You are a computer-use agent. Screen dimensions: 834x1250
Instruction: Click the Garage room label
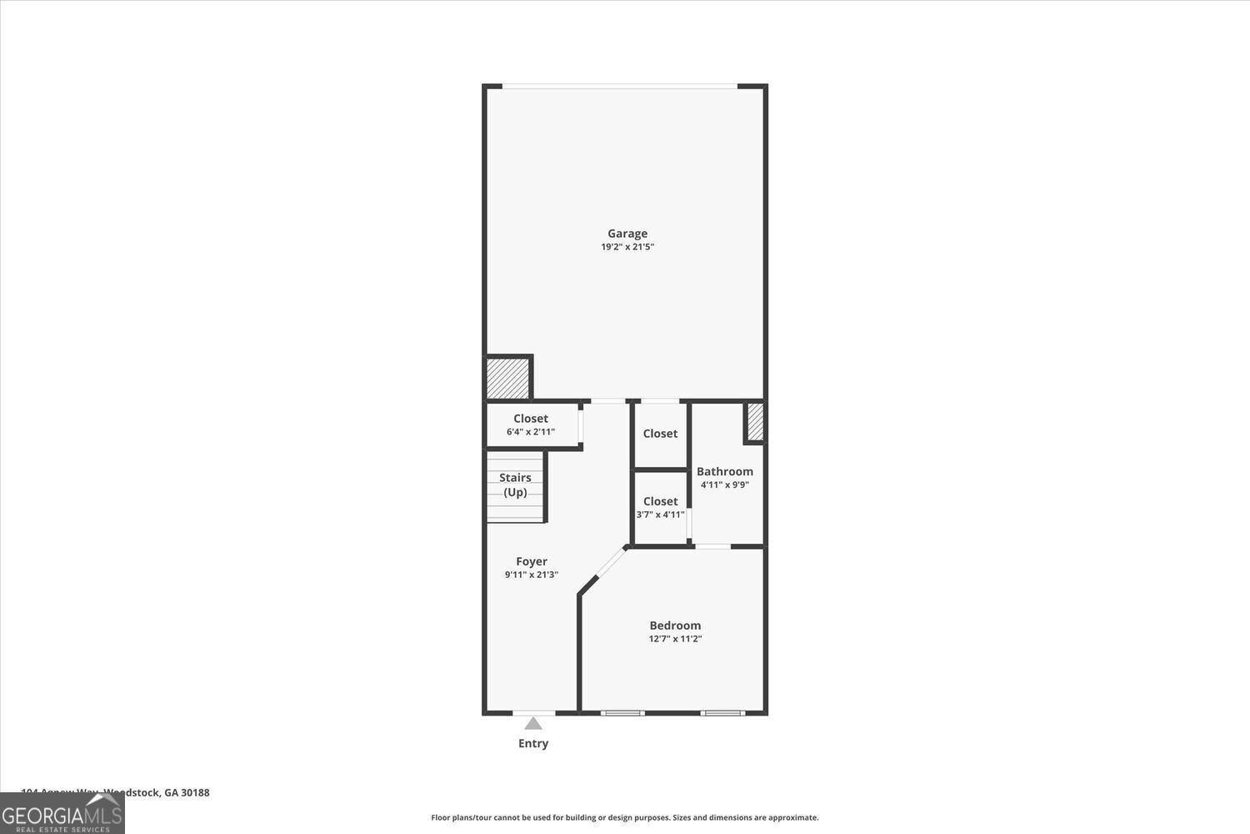click(x=627, y=234)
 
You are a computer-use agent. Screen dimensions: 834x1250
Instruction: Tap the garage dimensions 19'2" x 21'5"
click(x=627, y=247)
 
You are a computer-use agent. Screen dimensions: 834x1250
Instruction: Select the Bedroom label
click(x=675, y=625)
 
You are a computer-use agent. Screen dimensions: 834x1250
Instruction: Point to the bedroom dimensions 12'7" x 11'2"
click(x=675, y=639)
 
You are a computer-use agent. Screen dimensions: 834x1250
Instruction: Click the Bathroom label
click(x=724, y=471)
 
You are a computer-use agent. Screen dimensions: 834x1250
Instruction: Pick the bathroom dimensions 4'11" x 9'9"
click(x=724, y=485)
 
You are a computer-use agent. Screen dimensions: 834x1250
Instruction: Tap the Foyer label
click(x=532, y=561)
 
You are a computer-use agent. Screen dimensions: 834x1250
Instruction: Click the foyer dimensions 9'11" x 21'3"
click(x=532, y=575)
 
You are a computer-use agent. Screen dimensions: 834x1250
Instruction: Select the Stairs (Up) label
click(x=515, y=485)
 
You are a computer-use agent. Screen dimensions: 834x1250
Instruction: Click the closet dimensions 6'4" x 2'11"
click(x=531, y=432)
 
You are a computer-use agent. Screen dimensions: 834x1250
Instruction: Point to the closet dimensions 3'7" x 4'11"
click(x=660, y=515)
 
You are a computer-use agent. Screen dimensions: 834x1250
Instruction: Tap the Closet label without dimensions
click(x=660, y=434)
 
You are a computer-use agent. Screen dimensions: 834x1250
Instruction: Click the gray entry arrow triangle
click(x=533, y=724)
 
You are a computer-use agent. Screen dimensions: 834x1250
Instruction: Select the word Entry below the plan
click(x=533, y=743)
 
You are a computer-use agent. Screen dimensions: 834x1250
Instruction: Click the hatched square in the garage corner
click(x=507, y=379)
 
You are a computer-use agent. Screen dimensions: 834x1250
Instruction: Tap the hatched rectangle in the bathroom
click(x=755, y=422)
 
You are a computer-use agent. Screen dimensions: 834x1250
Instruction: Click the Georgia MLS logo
click(x=62, y=814)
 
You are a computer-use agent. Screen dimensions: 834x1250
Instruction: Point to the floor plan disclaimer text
click(x=624, y=817)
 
